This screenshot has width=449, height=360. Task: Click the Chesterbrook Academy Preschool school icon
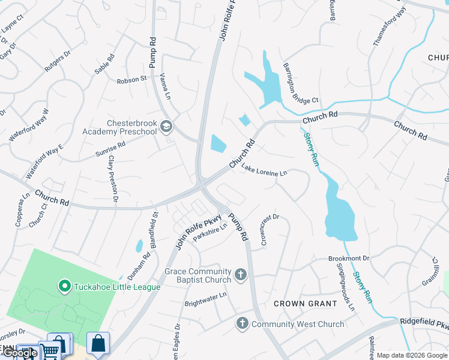click(x=166, y=127)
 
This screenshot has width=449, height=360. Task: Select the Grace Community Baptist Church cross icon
click(x=240, y=275)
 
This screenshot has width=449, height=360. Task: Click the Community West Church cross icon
click(x=243, y=324)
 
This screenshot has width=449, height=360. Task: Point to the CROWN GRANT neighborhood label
click(x=305, y=304)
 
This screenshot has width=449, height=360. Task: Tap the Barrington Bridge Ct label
click(x=300, y=83)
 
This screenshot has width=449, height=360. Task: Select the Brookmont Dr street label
click(x=348, y=258)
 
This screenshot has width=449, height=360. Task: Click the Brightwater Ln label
click(x=205, y=295)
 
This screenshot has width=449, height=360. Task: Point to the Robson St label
click(x=131, y=79)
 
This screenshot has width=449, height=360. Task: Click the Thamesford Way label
click(x=382, y=27)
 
